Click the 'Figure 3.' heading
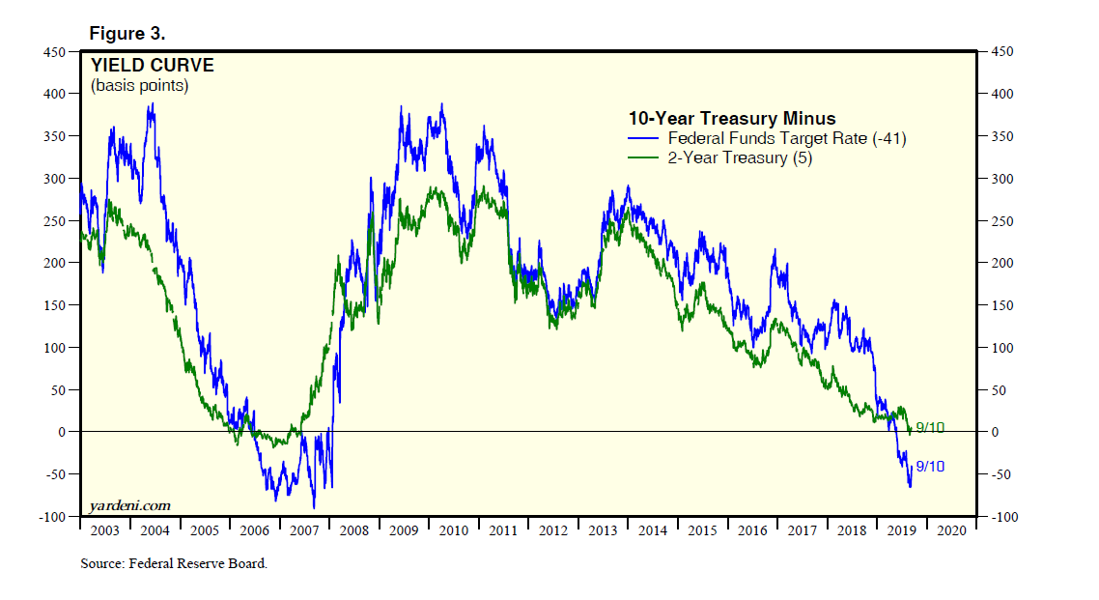tap(127, 34)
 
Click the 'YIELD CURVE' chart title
tap(152, 67)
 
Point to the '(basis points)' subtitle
tap(139, 86)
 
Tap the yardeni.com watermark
tap(129, 504)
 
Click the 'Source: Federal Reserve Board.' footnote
tap(174, 564)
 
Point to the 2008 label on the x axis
tap(353, 530)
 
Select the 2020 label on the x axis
tap(951, 530)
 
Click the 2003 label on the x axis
tap(104, 530)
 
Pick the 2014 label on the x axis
tap(652, 530)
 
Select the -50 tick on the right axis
tap(1000, 474)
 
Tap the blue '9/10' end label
tap(929, 467)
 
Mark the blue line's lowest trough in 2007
tap(314, 507)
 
